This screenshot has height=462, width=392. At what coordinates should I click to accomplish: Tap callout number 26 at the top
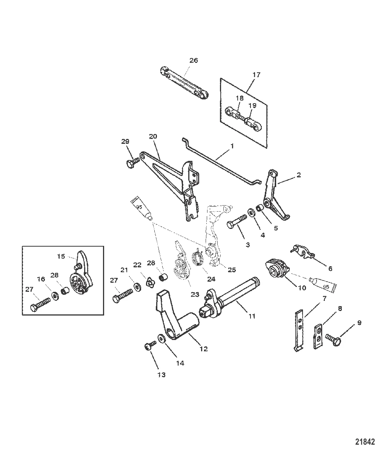[x=193, y=60]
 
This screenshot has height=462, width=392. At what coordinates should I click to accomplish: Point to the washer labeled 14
[x=161, y=338]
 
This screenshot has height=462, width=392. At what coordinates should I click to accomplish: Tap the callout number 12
[x=203, y=349]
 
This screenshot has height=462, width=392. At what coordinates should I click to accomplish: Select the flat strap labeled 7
[x=300, y=330]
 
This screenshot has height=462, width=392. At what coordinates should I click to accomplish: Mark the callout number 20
[x=153, y=136]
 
